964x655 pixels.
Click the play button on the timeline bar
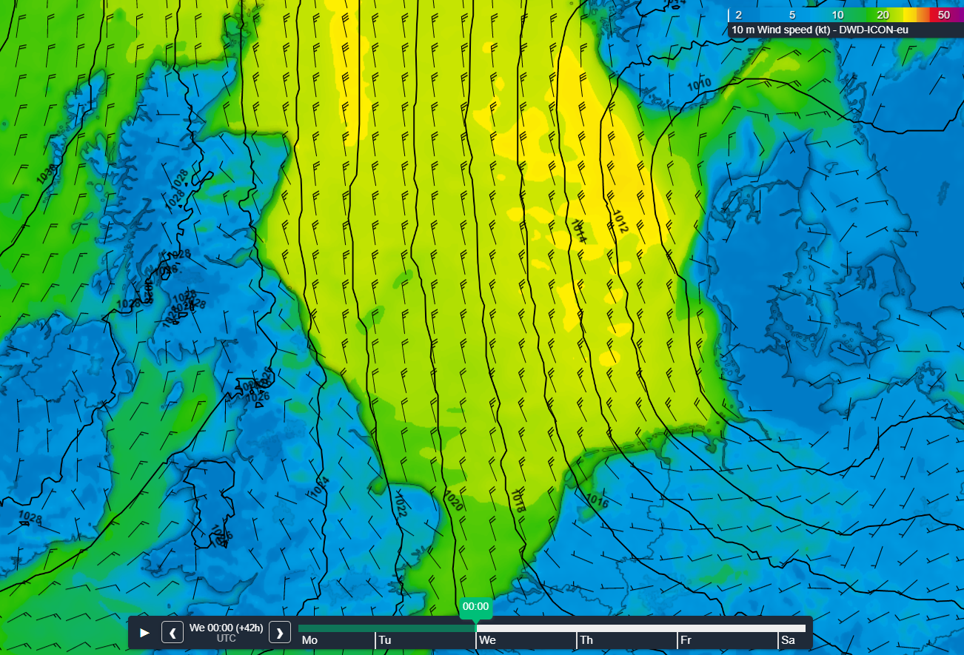pos(145,633)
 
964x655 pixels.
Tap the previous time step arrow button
pos(173,633)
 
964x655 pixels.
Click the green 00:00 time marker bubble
pos(475,606)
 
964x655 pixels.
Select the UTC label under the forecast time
pos(227,639)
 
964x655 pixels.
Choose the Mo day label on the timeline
pos(309,640)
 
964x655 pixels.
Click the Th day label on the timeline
pos(586,640)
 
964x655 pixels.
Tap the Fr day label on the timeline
pos(686,640)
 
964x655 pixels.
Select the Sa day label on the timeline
pos(788,640)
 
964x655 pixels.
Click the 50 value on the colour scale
pos(943,15)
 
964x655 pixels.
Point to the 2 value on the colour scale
pos(738,15)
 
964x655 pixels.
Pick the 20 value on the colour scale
pos(883,15)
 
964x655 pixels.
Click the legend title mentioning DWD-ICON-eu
pos(820,30)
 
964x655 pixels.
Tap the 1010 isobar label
pos(698,82)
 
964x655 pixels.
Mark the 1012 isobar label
pos(620,223)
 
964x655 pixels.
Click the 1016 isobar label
pos(597,501)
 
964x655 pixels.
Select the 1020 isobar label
pos(453,501)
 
